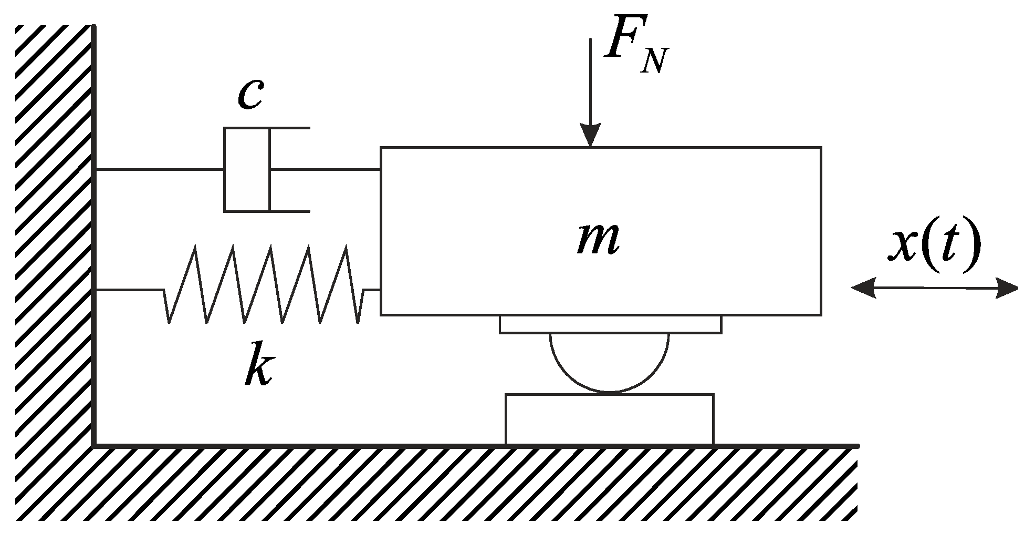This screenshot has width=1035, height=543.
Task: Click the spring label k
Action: [259, 364]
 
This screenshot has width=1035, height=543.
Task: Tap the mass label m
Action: [598, 240]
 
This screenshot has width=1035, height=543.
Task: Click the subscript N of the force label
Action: [654, 61]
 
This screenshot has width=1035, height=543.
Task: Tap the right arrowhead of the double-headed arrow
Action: [1006, 288]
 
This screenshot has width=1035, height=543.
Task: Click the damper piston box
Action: [247, 169]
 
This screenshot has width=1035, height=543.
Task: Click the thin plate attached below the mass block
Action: [610, 324]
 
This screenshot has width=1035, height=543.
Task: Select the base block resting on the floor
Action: [609, 419]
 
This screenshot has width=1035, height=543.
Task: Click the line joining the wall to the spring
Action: [129, 289]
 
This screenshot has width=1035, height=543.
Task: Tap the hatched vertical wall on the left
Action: [53, 237]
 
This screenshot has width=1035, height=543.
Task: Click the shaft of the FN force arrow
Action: [590, 79]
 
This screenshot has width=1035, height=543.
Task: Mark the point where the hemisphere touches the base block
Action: [610, 393]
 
